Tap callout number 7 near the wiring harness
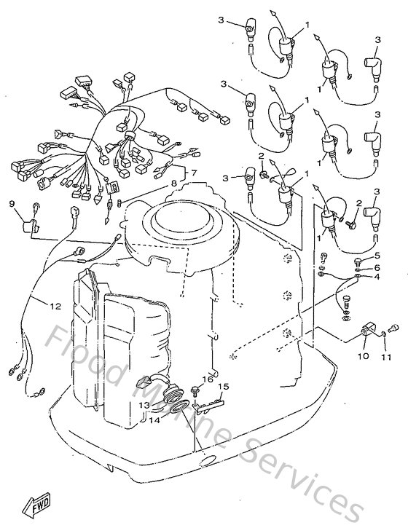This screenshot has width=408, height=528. [x=195, y=173]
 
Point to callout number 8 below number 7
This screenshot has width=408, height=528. [x=174, y=184]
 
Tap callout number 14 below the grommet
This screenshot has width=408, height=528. [x=154, y=420]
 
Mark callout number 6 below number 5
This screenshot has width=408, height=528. [x=377, y=267]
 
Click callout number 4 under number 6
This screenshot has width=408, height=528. [x=377, y=277]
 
